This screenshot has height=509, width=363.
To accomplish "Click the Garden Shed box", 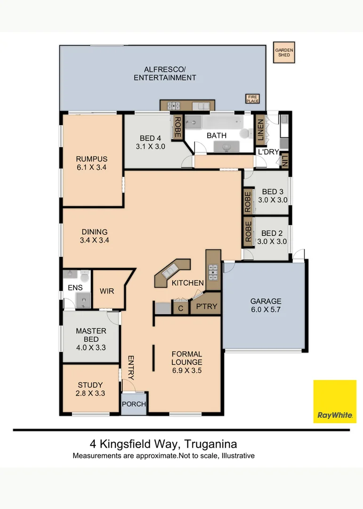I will point(284,52).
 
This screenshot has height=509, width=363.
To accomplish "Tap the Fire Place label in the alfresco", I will point(253,99).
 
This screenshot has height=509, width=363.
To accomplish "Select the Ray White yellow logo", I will point(335,401).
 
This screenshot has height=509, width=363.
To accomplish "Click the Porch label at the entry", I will point(134,404).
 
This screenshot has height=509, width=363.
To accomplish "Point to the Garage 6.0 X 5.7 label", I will point(266,306).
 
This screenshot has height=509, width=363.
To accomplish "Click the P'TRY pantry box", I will point(206,307).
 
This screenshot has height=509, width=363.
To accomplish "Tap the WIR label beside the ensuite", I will point(107,291).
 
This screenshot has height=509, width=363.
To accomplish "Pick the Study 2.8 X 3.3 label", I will point(90,389).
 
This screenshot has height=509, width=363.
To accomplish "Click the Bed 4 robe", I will point(177,127).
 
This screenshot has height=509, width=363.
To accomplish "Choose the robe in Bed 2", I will point(248,231).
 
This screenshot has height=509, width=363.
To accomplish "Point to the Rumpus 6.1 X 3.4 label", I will point(92,163).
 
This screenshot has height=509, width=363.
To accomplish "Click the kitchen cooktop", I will point(213,270).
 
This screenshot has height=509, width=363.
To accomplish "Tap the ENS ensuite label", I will point(75,287).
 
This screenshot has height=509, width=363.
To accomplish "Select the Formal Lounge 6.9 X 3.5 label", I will point(186,362).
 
